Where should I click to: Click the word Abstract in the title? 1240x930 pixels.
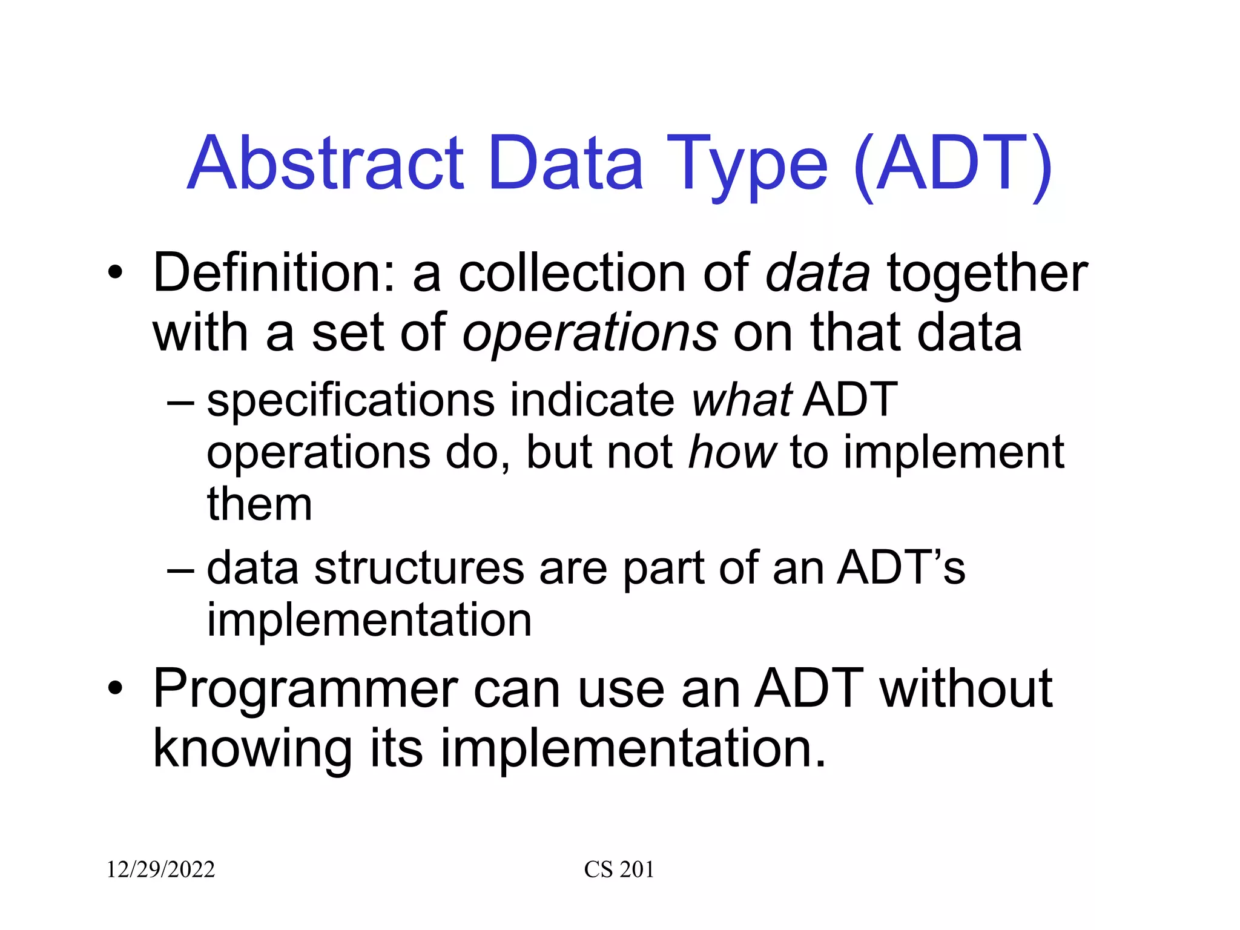point(326,163)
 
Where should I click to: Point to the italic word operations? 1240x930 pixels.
point(590,334)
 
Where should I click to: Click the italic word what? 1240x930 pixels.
point(741,400)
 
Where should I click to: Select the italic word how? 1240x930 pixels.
point(731,452)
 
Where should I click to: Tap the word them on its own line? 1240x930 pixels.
point(259,504)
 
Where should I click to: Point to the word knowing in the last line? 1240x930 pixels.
point(252,749)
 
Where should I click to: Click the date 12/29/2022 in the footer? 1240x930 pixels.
point(160,869)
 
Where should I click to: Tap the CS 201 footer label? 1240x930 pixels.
point(619,869)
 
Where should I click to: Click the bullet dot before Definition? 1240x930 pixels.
point(115,273)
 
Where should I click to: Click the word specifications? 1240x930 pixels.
point(351,401)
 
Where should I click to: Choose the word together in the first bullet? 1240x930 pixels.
point(987,274)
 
